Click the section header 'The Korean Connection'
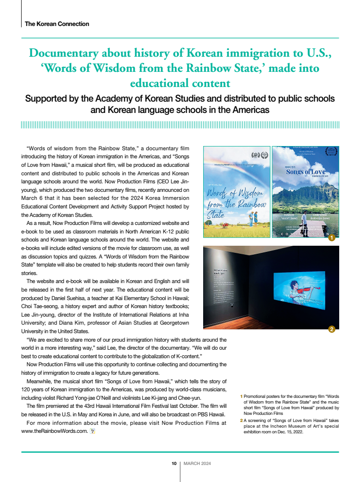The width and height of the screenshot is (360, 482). (57, 24)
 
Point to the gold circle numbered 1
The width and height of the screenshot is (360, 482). (332, 238)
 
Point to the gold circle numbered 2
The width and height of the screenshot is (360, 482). (332, 329)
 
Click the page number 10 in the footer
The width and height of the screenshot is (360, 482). (174, 464)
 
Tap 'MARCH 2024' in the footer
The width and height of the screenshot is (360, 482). (197, 464)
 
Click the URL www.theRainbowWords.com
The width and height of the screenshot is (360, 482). (54, 431)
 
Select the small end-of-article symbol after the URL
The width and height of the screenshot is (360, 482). (93, 431)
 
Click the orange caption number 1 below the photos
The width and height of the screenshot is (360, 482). (241, 396)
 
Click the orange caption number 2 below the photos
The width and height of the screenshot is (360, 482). (241, 420)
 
